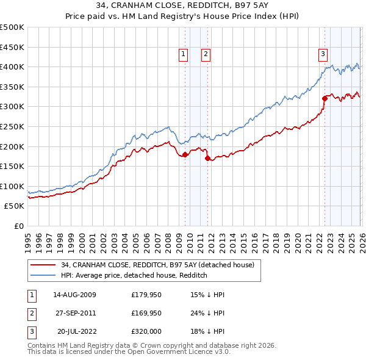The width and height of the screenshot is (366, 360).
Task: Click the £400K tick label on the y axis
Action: click(x=12, y=67)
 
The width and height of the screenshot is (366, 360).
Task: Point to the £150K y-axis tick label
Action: click(x=12, y=166)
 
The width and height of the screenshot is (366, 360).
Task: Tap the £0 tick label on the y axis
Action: click(x=18, y=226)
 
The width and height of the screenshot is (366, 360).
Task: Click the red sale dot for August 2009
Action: click(x=185, y=154)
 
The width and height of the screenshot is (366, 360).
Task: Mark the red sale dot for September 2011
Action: click(x=207, y=158)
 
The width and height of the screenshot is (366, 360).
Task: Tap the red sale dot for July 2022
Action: click(x=325, y=99)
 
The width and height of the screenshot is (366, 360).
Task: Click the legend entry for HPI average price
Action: click(x=134, y=275)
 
